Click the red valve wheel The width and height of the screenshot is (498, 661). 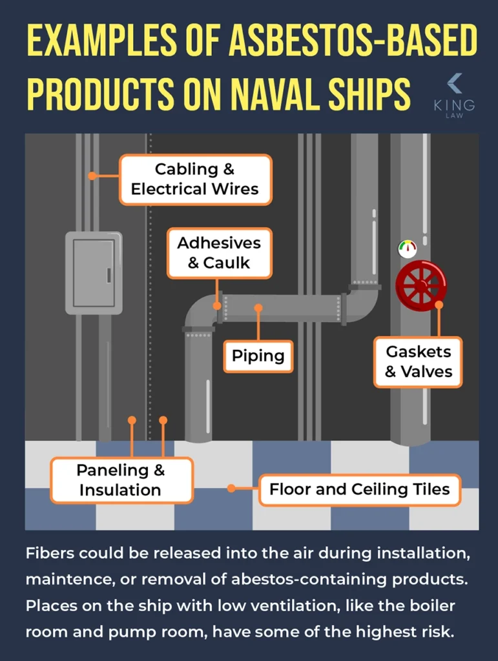pyautogui.click(x=421, y=285)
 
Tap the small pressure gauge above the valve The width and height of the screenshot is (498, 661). pyautogui.click(x=407, y=248)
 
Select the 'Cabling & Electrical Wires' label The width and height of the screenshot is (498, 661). pyautogui.click(x=195, y=179)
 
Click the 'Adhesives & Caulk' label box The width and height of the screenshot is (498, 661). pyautogui.click(x=219, y=253)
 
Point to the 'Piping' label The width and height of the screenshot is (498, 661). pyautogui.click(x=258, y=356)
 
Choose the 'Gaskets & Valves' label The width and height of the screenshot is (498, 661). pyautogui.click(x=419, y=361)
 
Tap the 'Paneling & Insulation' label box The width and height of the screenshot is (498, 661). pyautogui.click(x=121, y=480)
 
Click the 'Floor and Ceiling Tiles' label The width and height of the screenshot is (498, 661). pyautogui.click(x=359, y=489)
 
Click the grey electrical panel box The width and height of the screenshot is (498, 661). pyautogui.click(x=94, y=273)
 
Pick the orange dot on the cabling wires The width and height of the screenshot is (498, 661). pyautogui.click(x=92, y=176)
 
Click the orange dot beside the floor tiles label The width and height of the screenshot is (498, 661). pyautogui.click(x=232, y=489)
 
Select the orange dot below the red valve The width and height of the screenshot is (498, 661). pyautogui.click(x=439, y=305)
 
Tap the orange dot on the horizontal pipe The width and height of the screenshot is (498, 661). pyautogui.click(x=258, y=308)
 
